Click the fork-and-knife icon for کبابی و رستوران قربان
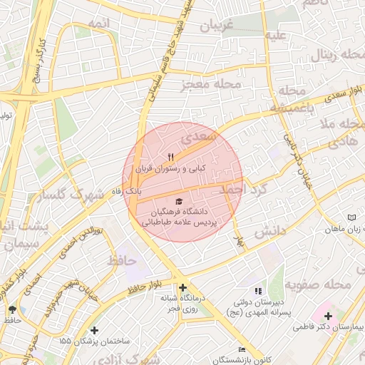coord(170,157)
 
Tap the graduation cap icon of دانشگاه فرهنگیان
coord(178,201)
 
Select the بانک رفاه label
coord(128,192)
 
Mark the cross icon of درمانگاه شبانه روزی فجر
coord(182,287)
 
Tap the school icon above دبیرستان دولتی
coord(258,291)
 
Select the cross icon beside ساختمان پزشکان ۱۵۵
coord(95,330)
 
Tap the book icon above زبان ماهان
coord(350,217)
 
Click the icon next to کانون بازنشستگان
coord(242,349)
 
